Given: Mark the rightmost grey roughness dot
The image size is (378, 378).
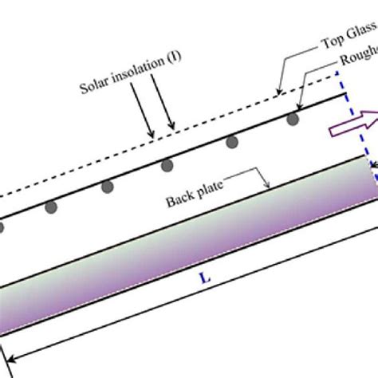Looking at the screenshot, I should (293, 119).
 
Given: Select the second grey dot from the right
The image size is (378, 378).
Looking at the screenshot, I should (232, 142).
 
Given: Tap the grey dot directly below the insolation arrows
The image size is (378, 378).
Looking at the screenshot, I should (168, 165).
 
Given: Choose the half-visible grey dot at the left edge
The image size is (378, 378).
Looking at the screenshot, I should (2, 228).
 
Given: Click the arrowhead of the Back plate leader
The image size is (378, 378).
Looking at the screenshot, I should (271, 185).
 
